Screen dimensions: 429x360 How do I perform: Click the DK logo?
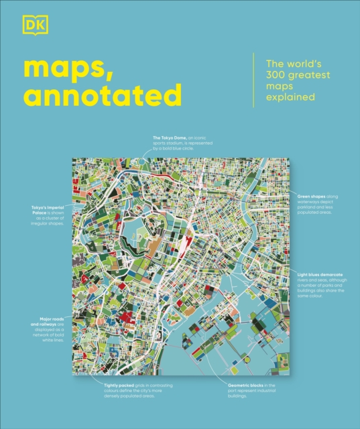pyautogui.click(x=30, y=27)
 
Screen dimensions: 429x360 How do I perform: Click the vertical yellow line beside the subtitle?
pyautogui.click(x=253, y=81)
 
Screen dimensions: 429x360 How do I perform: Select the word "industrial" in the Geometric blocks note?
pyautogui.click(x=296, y=392)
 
